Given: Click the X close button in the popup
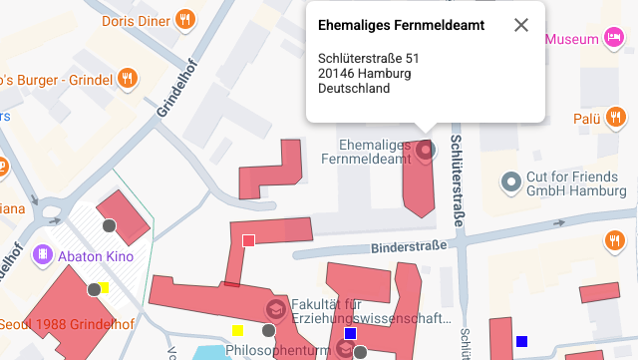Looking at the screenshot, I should point(520,25).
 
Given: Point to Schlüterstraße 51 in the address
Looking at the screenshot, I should point(368,58).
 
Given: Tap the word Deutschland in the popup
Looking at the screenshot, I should point(354,88).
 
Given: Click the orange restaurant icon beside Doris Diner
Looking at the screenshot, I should point(184,20).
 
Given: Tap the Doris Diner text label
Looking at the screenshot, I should point(135,20).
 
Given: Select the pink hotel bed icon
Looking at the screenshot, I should point(613,38).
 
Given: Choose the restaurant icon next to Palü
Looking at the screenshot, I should point(613,119).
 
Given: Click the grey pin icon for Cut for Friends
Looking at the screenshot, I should point(512,181).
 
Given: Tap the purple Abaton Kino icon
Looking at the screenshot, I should point(43,254).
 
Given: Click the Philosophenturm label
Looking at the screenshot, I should point(271,351).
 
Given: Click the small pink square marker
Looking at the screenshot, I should point(248,240).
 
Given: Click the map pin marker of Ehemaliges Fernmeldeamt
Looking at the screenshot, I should point(426,151).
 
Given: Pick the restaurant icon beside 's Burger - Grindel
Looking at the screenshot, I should point(128,78).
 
